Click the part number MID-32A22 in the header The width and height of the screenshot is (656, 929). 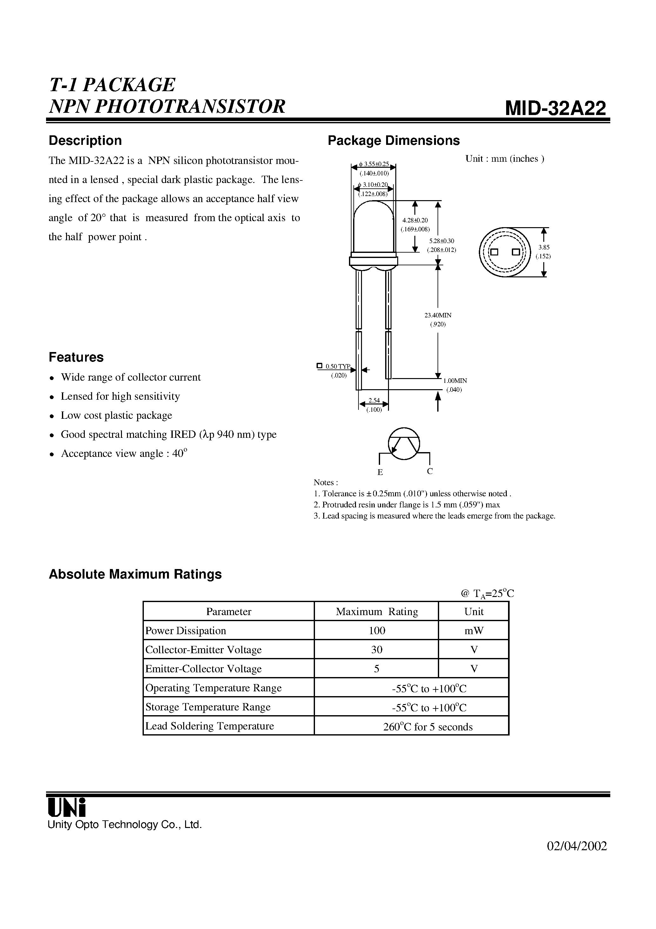(555, 108)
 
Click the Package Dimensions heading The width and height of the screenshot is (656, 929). (393, 140)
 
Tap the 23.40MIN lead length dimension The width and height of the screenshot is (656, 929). (438, 315)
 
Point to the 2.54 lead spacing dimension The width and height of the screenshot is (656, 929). (374, 401)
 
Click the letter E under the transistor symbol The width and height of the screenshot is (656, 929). (380, 472)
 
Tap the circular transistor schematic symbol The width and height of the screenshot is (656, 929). (404, 444)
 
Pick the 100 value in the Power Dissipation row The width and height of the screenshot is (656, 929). (377, 630)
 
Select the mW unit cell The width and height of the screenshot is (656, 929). (474, 630)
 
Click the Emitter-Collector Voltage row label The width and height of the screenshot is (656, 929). (204, 669)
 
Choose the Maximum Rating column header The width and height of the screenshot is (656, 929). (377, 611)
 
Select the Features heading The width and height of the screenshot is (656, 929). (76, 357)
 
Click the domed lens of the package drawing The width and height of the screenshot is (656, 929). (374, 227)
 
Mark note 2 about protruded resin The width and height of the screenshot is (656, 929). (407, 505)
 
